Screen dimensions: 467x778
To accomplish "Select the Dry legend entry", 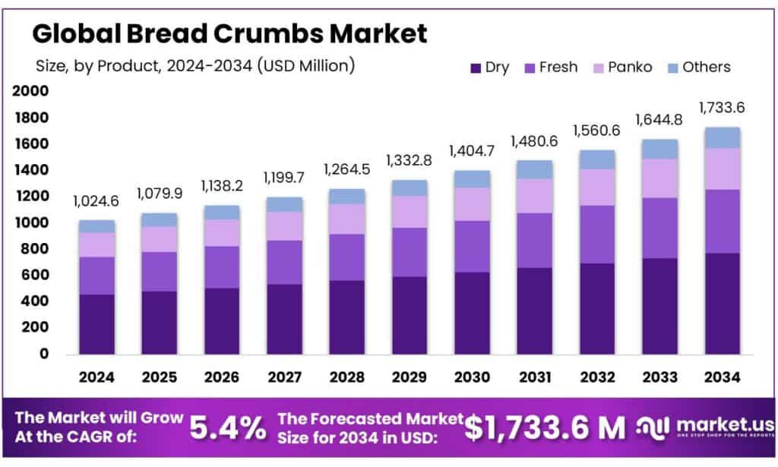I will coord(490,67).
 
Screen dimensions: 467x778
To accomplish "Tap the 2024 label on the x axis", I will coord(96,376).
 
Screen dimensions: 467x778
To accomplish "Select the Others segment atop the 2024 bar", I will coord(96,226).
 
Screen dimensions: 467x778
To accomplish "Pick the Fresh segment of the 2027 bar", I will coord(283,262).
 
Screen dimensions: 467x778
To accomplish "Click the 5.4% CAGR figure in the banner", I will coord(228,428).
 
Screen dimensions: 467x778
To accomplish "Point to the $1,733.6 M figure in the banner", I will coord(545,428).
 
